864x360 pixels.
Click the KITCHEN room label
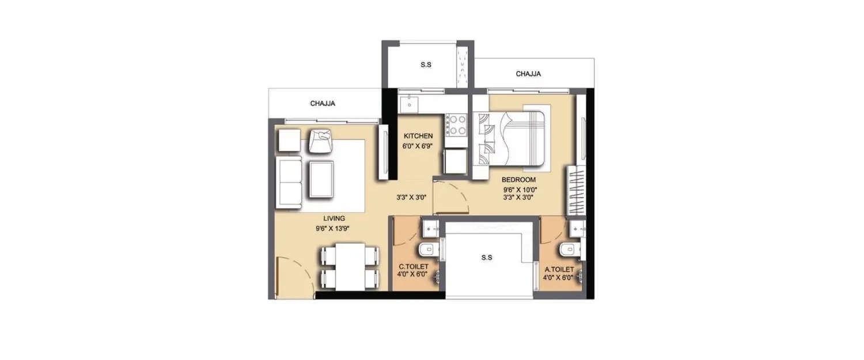tap(418, 136)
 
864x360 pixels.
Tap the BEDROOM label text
tap(518, 180)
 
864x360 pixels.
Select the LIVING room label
tap(334, 218)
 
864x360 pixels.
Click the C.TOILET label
tap(412, 267)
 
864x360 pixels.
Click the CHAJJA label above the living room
tap(323, 104)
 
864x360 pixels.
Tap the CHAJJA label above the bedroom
tap(528, 74)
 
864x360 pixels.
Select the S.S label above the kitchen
tap(426, 65)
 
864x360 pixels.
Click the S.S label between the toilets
tap(487, 257)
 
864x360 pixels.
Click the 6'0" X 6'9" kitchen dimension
tap(418, 146)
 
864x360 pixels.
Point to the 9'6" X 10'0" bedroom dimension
tap(518, 189)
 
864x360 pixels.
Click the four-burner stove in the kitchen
tap(457, 126)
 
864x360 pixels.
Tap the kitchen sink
tap(410, 104)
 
